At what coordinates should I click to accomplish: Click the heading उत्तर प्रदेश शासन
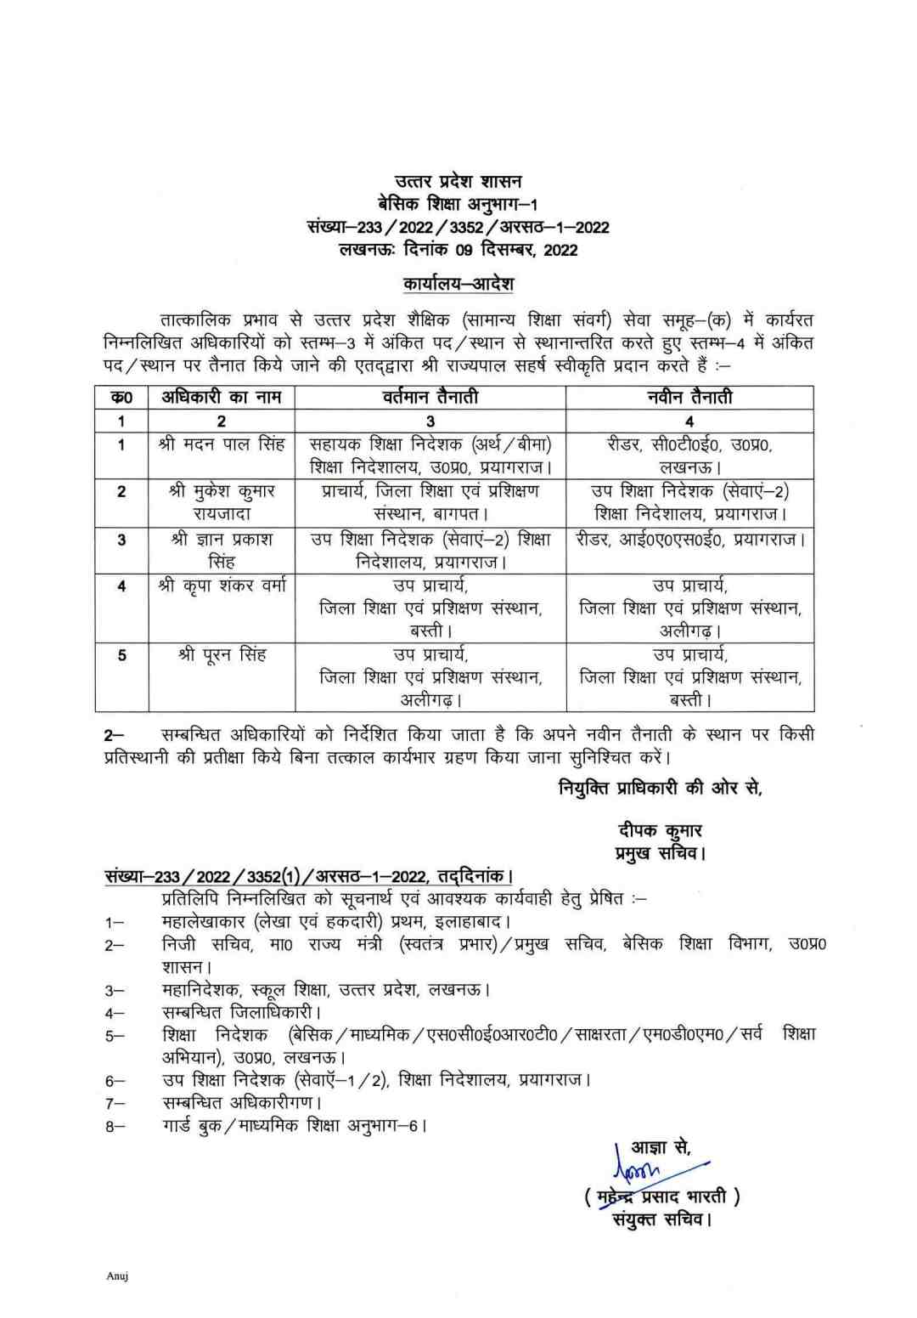pyautogui.click(x=458, y=181)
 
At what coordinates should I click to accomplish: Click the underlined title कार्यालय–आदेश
pyautogui.click(x=458, y=283)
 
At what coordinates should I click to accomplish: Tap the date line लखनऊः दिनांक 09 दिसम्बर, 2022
pyautogui.click(x=458, y=250)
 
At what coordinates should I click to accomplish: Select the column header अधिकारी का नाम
pyautogui.click(x=222, y=397)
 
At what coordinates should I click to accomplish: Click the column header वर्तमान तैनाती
pyautogui.click(x=430, y=397)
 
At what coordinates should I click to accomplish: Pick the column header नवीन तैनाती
pyautogui.click(x=689, y=397)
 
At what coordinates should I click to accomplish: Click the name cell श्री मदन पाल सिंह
pyautogui.click(x=222, y=444)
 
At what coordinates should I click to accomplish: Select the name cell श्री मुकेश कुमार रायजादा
pyautogui.click(x=222, y=501)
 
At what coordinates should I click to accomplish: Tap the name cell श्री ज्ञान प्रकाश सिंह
pyautogui.click(x=222, y=550)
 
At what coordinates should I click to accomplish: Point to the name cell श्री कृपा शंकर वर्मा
pyautogui.click(x=222, y=585)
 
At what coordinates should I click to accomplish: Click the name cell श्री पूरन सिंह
pyautogui.click(x=222, y=654)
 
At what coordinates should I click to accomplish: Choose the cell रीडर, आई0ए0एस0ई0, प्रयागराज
pyautogui.click(x=689, y=540)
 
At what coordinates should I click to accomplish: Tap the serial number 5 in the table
pyautogui.click(x=121, y=655)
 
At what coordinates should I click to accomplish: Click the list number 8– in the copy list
pyautogui.click(x=115, y=1127)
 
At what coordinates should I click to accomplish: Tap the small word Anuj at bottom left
pyautogui.click(x=117, y=1276)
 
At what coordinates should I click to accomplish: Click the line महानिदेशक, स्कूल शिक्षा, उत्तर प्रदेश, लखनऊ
pyautogui.click(x=326, y=990)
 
